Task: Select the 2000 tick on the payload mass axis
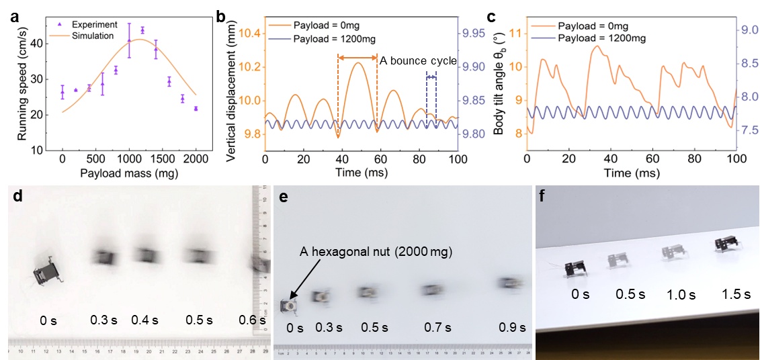(196, 161)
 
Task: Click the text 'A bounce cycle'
(418, 61)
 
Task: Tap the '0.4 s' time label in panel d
(145, 320)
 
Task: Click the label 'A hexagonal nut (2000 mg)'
(377, 253)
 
